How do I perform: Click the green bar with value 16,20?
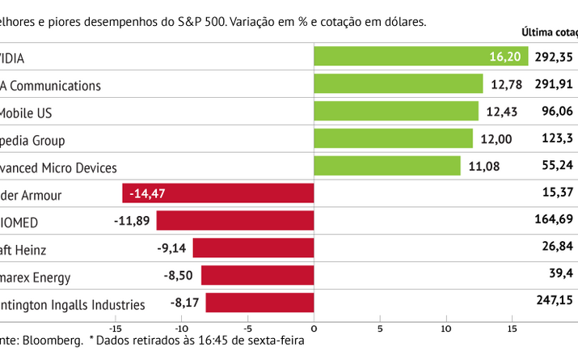(x=420, y=57)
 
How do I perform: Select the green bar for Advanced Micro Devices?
(x=386, y=166)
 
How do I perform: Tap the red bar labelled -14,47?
(x=217, y=193)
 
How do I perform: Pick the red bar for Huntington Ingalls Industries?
(x=259, y=303)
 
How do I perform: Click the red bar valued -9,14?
(x=253, y=248)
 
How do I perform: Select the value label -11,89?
(x=133, y=221)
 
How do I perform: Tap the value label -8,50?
(x=179, y=276)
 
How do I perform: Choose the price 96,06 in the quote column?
(x=557, y=112)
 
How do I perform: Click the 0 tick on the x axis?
(x=314, y=328)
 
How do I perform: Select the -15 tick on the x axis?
(x=115, y=328)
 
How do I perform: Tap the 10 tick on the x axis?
(x=446, y=328)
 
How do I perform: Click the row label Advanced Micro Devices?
(x=58, y=167)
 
